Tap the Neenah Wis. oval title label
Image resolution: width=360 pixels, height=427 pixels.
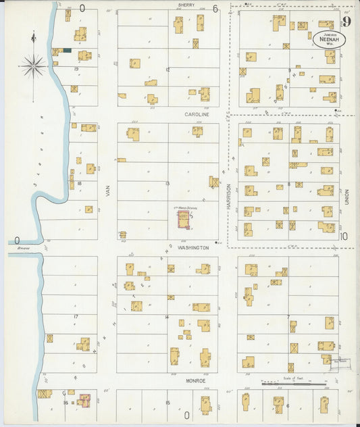pos(330,39)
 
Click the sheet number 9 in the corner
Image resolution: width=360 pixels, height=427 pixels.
pos(346,21)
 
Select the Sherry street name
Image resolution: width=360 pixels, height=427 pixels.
pos(186,5)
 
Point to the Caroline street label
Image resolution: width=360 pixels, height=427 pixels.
pos(197,115)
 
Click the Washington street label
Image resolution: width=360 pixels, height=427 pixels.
pos(193,248)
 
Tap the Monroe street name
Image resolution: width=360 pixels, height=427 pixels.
pos(196,381)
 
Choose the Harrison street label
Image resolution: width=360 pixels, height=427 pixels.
pos(229,196)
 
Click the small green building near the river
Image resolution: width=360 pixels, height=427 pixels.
pos(66,50)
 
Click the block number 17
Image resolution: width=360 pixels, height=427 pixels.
pos(76,316)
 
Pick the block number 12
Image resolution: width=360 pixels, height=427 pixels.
pos(167,70)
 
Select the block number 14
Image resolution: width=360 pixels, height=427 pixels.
pos(167,316)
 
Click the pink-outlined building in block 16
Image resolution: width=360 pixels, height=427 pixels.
pos(84,401)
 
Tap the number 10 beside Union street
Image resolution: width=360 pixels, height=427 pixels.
pos(344,236)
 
